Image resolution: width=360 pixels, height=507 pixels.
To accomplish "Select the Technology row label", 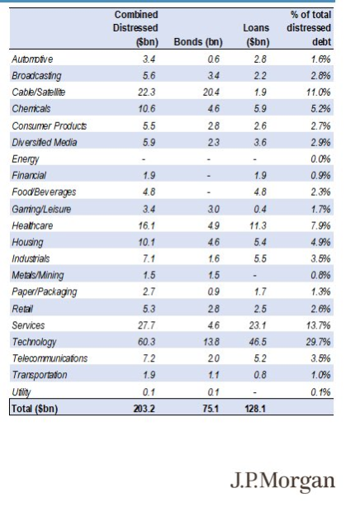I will pyautogui.click(x=35, y=342).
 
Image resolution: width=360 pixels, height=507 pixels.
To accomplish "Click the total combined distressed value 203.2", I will pyautogui.click(x=146, y=408).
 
